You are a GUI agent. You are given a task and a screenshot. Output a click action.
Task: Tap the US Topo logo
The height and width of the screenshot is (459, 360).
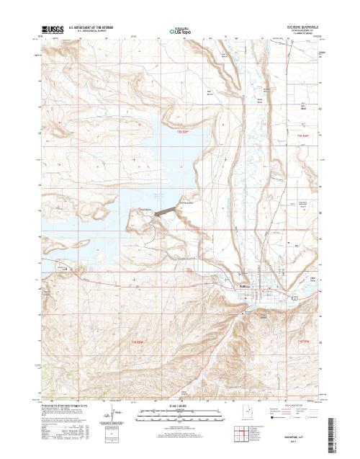click(x=179, y=31)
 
